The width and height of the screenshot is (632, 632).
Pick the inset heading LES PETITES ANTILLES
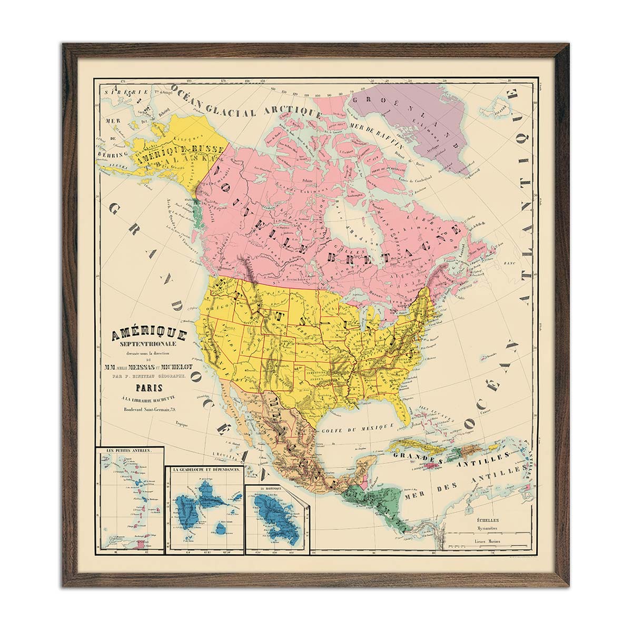coord(129,451)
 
